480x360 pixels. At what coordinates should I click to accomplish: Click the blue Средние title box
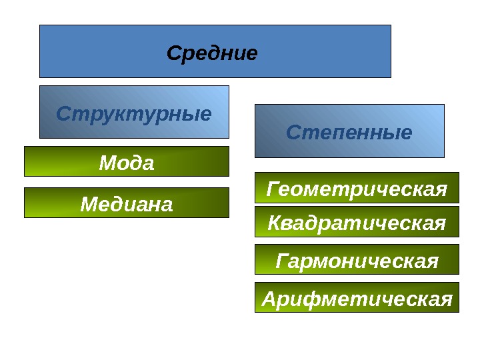[215, 51]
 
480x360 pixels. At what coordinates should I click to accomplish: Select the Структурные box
[134, 111]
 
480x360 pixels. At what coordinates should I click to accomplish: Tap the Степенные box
[349, 131]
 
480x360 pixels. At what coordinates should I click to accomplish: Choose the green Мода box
[127, 161]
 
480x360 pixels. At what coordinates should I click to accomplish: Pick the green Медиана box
[127, 203]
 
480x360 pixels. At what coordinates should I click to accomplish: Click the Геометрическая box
[357, 188]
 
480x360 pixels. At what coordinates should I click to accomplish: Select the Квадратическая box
[357, 222]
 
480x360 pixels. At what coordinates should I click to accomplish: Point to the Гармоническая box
[357, 259]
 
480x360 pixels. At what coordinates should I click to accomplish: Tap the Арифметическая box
[357, 297]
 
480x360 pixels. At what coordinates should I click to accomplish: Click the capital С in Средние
[173, 53]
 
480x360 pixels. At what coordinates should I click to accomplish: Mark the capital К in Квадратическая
[275, 223]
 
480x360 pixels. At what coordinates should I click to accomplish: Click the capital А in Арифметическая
[269, 298]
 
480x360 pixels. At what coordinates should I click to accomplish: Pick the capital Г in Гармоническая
[283, 260]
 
